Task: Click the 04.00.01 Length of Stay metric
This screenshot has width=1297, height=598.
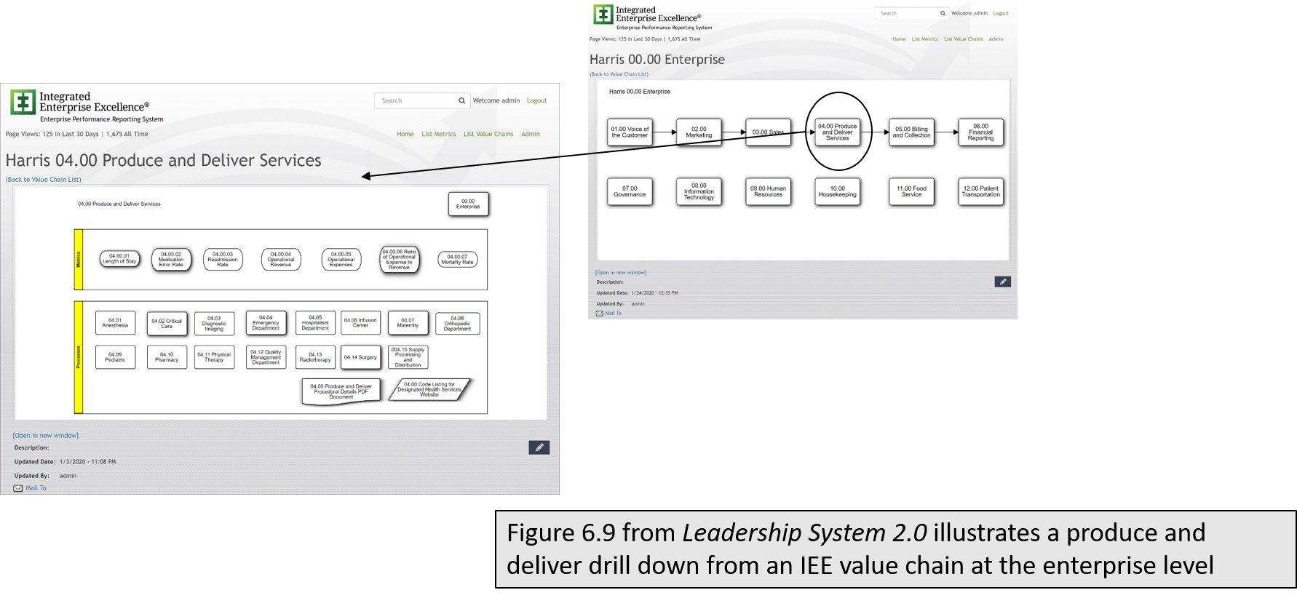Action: click(119, 259)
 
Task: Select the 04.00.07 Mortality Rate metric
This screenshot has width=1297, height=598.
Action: click(457, 260)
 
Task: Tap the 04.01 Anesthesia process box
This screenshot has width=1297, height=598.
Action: click(115, 323)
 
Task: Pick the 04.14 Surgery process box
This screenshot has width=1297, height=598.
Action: click(360, 357)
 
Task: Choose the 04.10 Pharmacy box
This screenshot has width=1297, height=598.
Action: click(167, 357)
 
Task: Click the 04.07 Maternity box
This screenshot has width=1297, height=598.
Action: click(408, 323)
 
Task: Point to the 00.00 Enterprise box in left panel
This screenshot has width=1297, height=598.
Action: click(468, 204)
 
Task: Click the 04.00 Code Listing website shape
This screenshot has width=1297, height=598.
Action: click(429, 389)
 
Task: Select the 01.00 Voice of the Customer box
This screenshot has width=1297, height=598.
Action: click(630, 132)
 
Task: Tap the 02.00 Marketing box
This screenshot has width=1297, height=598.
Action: click(699, 132)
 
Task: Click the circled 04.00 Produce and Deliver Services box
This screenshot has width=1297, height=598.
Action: click(837, 132)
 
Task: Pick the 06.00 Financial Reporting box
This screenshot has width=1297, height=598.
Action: click(980, 132)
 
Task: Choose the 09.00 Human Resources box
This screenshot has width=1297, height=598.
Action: click(768, 191)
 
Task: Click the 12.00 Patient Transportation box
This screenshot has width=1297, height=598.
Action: click(980, 191)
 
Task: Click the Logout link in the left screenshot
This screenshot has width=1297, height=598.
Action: click(536, 101)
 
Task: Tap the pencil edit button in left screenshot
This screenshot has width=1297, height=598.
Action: click(539, 447)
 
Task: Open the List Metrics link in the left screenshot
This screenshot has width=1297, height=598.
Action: click(438, 134)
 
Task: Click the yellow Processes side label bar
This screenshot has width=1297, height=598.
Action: click(79, 357)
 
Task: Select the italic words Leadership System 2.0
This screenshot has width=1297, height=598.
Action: click(804, 533)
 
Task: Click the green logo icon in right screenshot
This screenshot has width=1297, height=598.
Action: click(603, 15)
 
